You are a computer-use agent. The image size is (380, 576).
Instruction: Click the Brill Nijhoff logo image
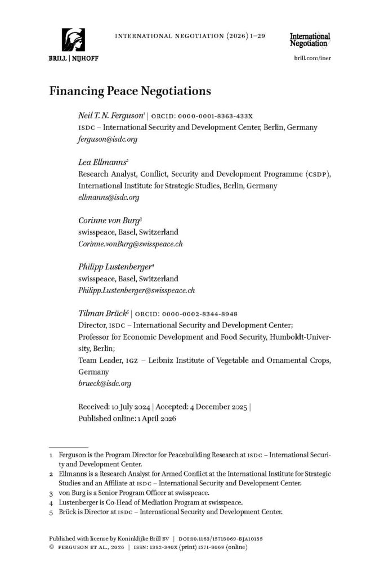pyautogui.click(x=74, y=40)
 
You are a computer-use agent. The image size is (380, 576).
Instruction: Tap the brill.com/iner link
pyautogui.click(x=311, y=58)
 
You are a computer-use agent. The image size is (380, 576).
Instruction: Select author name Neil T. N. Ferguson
pyautogui.click(x=111, y=115)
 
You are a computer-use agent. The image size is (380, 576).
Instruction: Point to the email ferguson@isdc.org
pyautogui.click(x=108, y=138)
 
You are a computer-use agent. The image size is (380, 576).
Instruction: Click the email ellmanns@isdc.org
pyautogui.click(x=109, y=197)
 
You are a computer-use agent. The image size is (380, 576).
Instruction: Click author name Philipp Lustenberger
pyautogui.click(x=113, y=267)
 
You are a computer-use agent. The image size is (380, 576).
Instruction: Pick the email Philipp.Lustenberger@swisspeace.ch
pyautogui.click(x=136, y=290)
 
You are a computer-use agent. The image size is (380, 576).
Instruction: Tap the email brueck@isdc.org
pyautogui.click(x=105, y=384)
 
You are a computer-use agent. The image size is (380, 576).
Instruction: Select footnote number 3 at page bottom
pyautogui.click(x=51, y=492)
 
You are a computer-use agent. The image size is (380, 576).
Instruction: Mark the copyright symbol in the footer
pyautogui.click(x=52, y=547)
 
